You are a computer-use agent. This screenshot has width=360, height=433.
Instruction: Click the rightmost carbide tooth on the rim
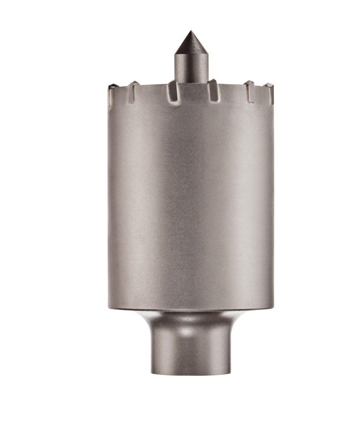(x=269, y=92)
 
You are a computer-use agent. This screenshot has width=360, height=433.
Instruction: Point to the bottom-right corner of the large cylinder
(x=273, y=308)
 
